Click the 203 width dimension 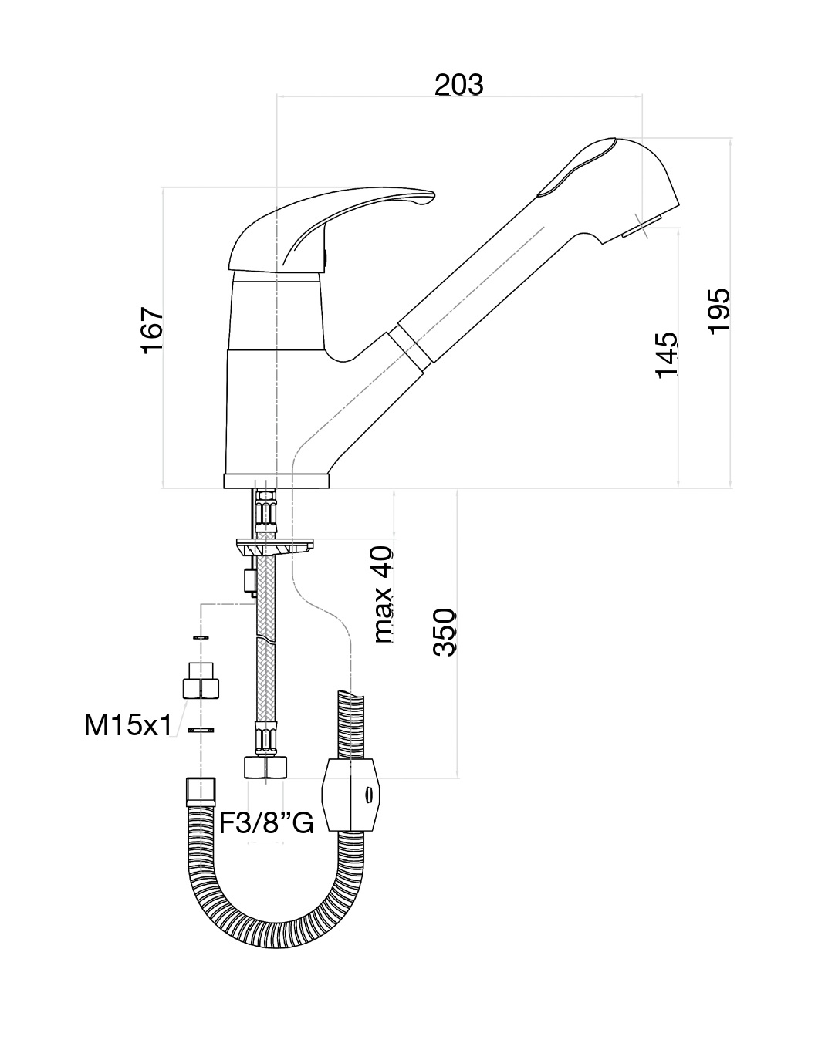458,85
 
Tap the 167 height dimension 153,329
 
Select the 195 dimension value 718,310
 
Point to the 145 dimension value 667,355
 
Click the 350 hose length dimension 445,632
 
